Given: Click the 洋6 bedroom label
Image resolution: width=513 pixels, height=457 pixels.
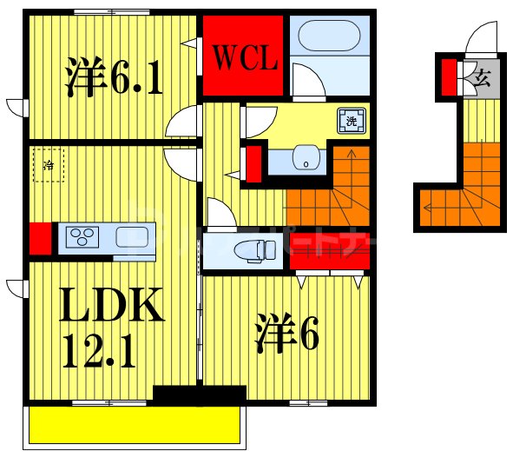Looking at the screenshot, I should tap(286, 334).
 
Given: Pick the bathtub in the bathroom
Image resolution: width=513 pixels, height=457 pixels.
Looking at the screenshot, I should tap(329, 36).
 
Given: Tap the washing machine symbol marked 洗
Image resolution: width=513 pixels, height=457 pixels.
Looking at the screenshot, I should tap(350, 122).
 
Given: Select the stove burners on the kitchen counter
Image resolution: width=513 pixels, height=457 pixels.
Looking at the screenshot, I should tap(85, 237).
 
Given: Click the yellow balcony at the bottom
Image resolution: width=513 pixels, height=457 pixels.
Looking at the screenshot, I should tap(135, 426).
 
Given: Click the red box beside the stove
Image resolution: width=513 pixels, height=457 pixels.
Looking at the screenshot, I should tap(39, 239).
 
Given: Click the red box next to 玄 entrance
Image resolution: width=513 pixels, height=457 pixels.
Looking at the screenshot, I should tap(450, 76).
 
